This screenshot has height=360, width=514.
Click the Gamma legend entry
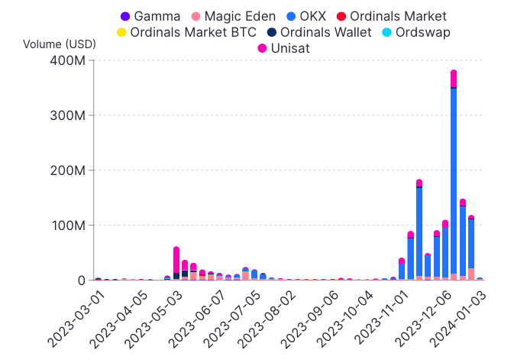(x=150, y=15)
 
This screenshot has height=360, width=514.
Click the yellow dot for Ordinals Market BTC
(x=121, y=32)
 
